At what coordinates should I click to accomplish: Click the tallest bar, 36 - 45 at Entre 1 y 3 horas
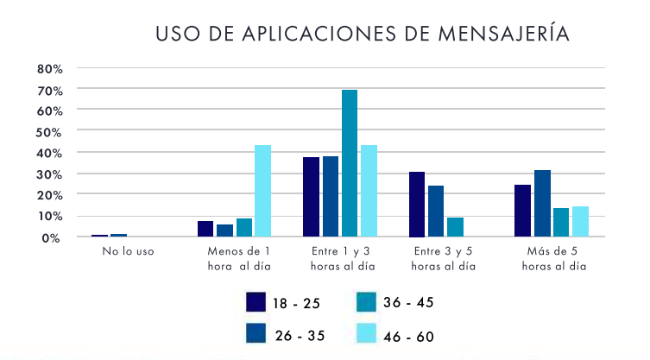(350, 163)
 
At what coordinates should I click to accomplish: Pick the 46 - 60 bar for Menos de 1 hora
(262, 191)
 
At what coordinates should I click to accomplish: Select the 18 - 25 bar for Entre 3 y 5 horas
(417, 204)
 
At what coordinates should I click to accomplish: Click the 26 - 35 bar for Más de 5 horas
(541, 203)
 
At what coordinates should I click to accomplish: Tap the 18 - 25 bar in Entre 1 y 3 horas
(311, 197)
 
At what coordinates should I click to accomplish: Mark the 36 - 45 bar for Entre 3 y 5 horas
(455, 227)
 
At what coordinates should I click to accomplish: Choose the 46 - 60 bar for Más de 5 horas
(579, 221)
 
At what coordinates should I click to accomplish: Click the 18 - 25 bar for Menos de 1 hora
(205, 229)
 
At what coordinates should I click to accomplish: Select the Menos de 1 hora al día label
(239, 259)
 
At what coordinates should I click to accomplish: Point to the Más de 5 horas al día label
(554, 259)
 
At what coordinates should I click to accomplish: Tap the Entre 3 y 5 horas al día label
(444, 259)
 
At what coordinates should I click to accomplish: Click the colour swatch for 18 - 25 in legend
(256, 302)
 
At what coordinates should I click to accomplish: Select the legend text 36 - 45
(408, 302)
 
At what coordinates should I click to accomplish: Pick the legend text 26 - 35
(300, 336)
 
